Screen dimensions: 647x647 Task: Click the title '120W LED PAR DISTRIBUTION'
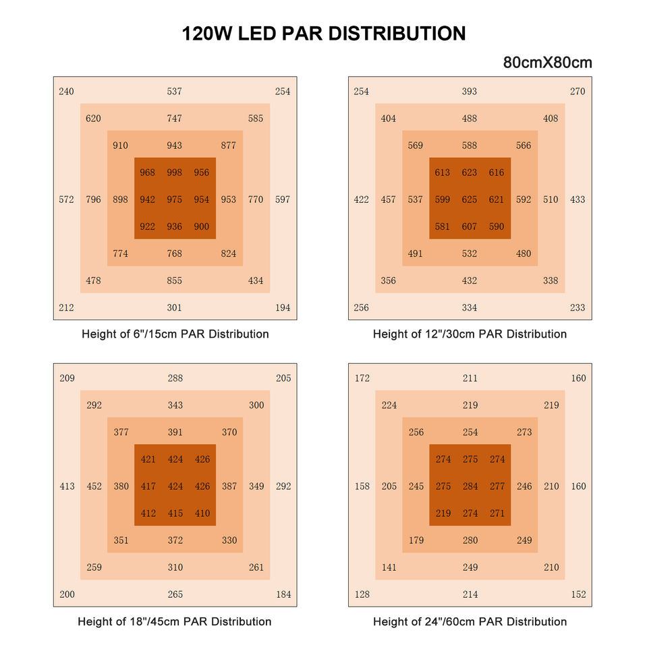click(323, 34)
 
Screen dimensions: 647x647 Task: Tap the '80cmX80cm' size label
click(547, 63)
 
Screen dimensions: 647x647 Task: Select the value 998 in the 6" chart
click(175, 173)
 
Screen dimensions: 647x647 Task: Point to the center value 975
click(175, 199)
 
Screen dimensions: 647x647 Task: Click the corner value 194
click(283, 308)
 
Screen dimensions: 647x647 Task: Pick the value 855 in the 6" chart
click(175, 281)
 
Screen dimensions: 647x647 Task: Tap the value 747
click(175, 119)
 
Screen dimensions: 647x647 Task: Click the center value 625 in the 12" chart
click(470, 199)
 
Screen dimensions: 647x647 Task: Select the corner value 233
click(578, 308)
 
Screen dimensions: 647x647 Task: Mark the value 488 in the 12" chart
click(470, 119)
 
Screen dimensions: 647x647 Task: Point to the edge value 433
click(578, 199)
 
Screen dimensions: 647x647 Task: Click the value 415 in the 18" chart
click(175, 514)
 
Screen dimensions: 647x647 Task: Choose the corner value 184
click(283, 594)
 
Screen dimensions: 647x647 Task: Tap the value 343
click(175, 405)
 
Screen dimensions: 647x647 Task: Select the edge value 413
click(67, 486)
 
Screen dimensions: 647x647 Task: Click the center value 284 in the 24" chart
click(470, 486)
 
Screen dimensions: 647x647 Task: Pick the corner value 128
click(362, 594)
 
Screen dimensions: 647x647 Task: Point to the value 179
click(416, 541)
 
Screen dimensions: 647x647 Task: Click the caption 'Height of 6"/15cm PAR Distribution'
click(175, 334)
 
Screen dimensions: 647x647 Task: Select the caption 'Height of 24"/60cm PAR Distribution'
click(470, 621)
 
